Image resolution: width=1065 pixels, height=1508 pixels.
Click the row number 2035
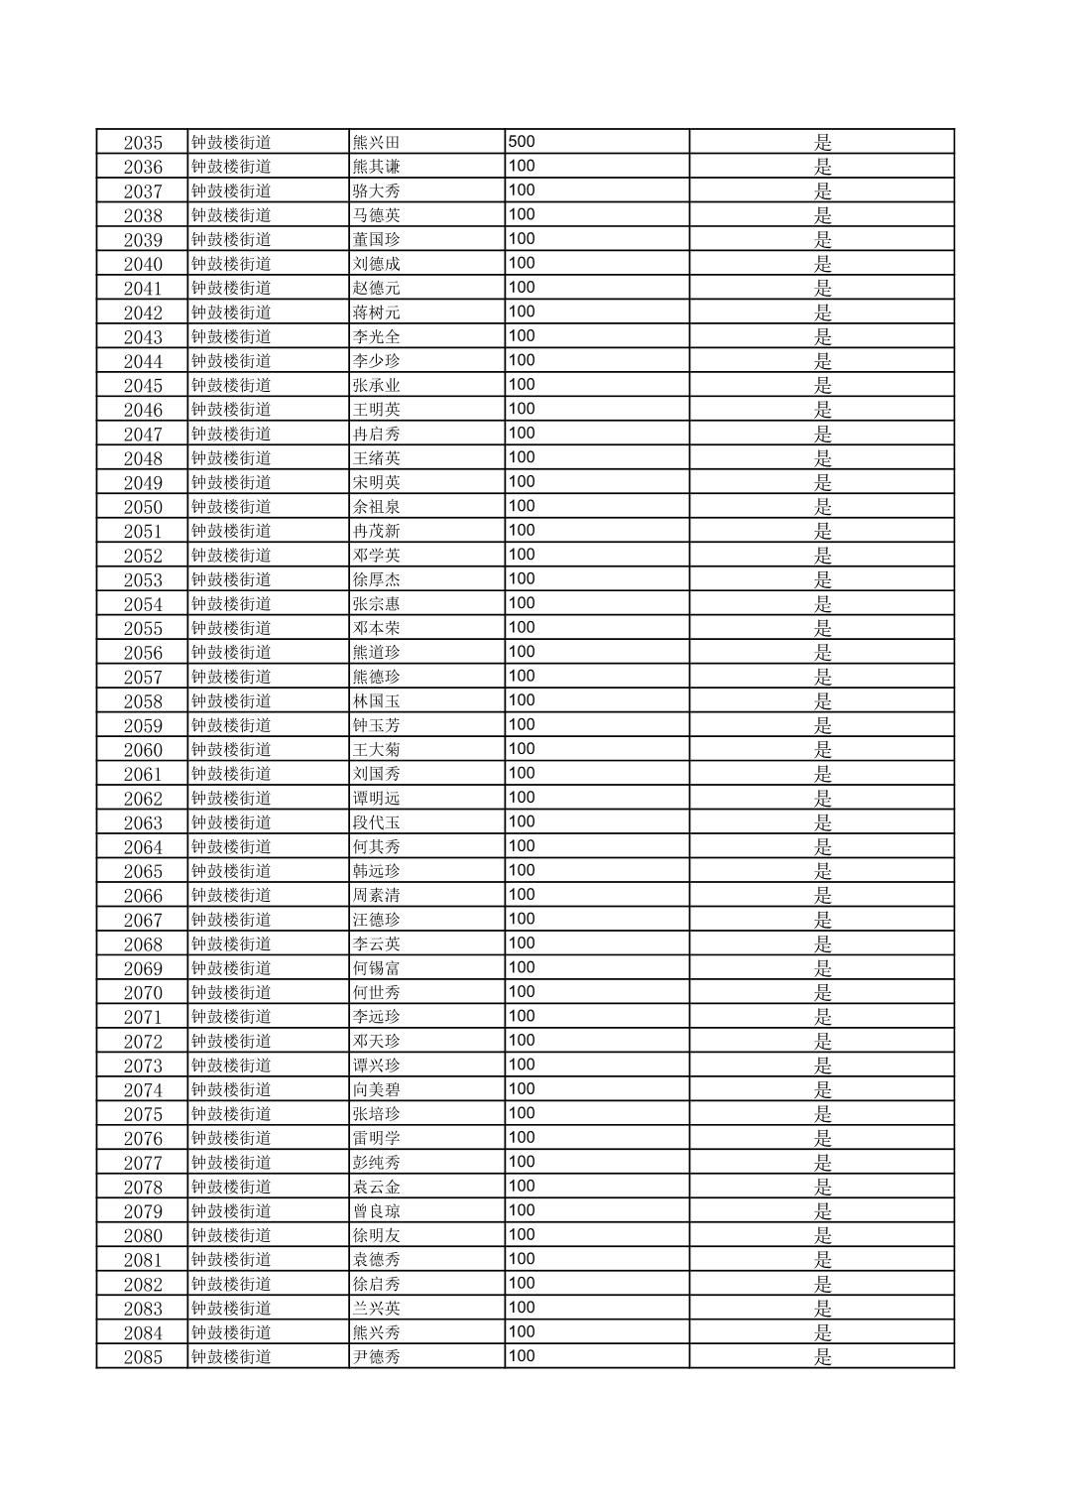coord(143,143)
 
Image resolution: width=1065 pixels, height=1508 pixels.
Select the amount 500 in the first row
coord(522,142)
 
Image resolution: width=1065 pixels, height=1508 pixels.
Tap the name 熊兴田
coord(377,143)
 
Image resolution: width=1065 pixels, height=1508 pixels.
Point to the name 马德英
coord(377,215)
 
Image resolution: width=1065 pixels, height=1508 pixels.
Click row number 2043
coord(143,337)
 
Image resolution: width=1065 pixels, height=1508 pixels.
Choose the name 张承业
coord(377,386)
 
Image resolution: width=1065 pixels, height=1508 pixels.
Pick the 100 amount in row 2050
coord(522,506)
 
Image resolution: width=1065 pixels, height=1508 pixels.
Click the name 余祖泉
coord(377,507)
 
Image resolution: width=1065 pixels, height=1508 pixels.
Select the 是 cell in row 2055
coord(823,629)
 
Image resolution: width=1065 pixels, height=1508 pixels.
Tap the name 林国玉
coord(377,701)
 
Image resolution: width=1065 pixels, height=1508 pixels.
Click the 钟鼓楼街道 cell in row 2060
coord(231,750)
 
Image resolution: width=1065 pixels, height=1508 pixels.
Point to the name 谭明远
coord(377,799)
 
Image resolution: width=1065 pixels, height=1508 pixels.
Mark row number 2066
coord(143,896)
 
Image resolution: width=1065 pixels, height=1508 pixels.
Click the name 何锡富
coord(377,968)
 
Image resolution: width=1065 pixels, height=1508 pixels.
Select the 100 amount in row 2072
coord(522,1041)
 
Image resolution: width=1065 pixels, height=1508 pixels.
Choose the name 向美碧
coord(377,1090)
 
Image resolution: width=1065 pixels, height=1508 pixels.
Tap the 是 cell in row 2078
coord(823,1188)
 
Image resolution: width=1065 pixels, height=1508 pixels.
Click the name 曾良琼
coord(377,1211)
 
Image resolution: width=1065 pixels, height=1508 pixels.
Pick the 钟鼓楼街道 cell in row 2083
coord(231,1309)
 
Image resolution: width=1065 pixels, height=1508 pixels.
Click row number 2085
coord(143,1357)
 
